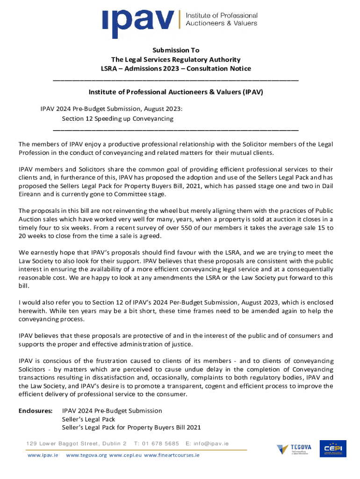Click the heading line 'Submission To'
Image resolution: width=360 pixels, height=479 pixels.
point(176,50)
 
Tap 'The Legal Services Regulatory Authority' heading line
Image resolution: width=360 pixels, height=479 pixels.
point(176,59)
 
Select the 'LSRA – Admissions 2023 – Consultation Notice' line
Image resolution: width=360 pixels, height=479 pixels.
point(176,69)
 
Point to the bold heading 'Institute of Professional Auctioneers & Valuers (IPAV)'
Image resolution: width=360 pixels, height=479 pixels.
point(176,92)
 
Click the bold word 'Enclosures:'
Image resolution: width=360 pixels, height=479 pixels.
point(36,411)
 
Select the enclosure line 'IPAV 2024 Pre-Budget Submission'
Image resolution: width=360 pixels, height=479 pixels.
point(112,411)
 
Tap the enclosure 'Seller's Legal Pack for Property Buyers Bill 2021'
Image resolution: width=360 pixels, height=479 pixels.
point(131,428)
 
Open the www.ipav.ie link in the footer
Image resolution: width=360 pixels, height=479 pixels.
point(43,455)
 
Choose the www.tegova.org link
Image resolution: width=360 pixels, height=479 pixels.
point(86,455)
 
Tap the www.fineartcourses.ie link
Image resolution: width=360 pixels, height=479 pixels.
point(172,455)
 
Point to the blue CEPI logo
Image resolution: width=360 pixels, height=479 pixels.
point(333,449)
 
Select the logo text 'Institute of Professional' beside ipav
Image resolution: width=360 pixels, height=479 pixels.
point(222,16)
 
